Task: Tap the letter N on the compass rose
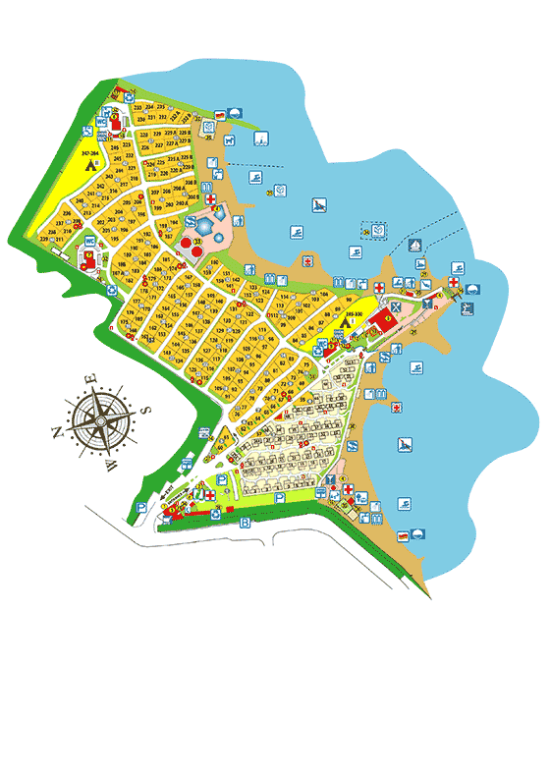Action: pyautogui.click(x=57, y=432)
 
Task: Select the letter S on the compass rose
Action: pyautogui.click(x=145, y=412)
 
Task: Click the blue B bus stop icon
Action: pyautogui.click(x=245, y=523)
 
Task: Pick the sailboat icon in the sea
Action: pyautogui.click(x=416, y=245)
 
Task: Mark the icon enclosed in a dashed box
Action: pyautogui.click(x=377, y=230)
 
